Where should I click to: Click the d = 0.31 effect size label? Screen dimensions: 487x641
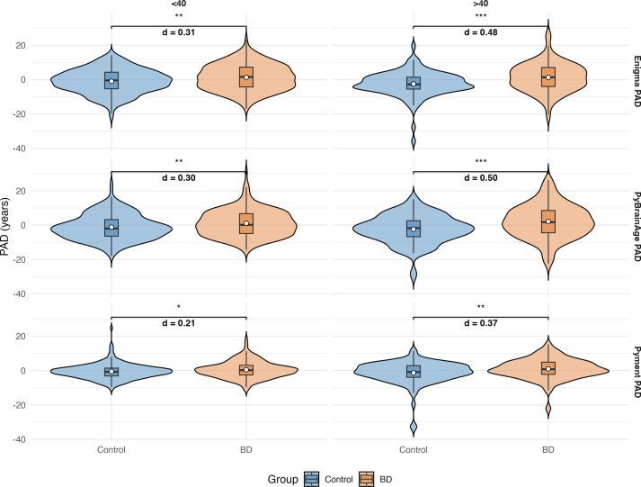click(178, 33)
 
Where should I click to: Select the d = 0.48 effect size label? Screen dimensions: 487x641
click(480, 33)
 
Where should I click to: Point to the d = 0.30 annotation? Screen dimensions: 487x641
click(178, 177)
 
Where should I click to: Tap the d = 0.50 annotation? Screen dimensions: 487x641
click(480, 177)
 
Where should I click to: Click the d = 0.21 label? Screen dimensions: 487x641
click(178, 322)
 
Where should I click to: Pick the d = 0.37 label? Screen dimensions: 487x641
click(480, 322)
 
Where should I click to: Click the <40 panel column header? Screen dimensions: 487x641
click(178, 4)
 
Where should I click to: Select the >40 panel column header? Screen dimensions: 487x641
click(480, 4)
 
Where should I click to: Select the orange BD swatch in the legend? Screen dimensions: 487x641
click(366, 479)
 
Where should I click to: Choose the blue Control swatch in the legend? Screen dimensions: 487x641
click(312, 479)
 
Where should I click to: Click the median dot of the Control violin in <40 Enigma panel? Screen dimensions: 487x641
click(111, 81)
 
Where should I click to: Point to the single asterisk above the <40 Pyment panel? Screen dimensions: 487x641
click(178, 306)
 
